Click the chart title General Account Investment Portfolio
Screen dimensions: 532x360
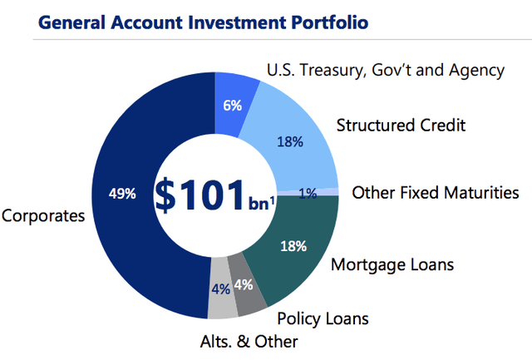click(x=203, y=22)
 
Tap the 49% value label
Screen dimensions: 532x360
click(x=122, y=194)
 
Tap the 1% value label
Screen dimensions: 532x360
click(x=308, y=194)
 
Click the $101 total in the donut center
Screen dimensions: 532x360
click(x=199, y=195)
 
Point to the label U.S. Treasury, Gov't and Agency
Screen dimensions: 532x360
click(x=386, y=71)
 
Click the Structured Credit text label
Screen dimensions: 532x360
click(x=401, y=126)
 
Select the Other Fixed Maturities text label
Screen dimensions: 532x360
click(x=436, y=193)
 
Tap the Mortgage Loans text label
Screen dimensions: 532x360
click(x=392, y=264)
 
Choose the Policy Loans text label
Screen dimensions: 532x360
click(x=323, y=318)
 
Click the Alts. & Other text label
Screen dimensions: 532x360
click(x=249, y=342)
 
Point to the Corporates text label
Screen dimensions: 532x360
click(x=43, y=216)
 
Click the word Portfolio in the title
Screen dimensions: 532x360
click(x=330, y=22)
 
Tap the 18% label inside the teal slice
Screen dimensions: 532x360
click(x=293, y=246)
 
